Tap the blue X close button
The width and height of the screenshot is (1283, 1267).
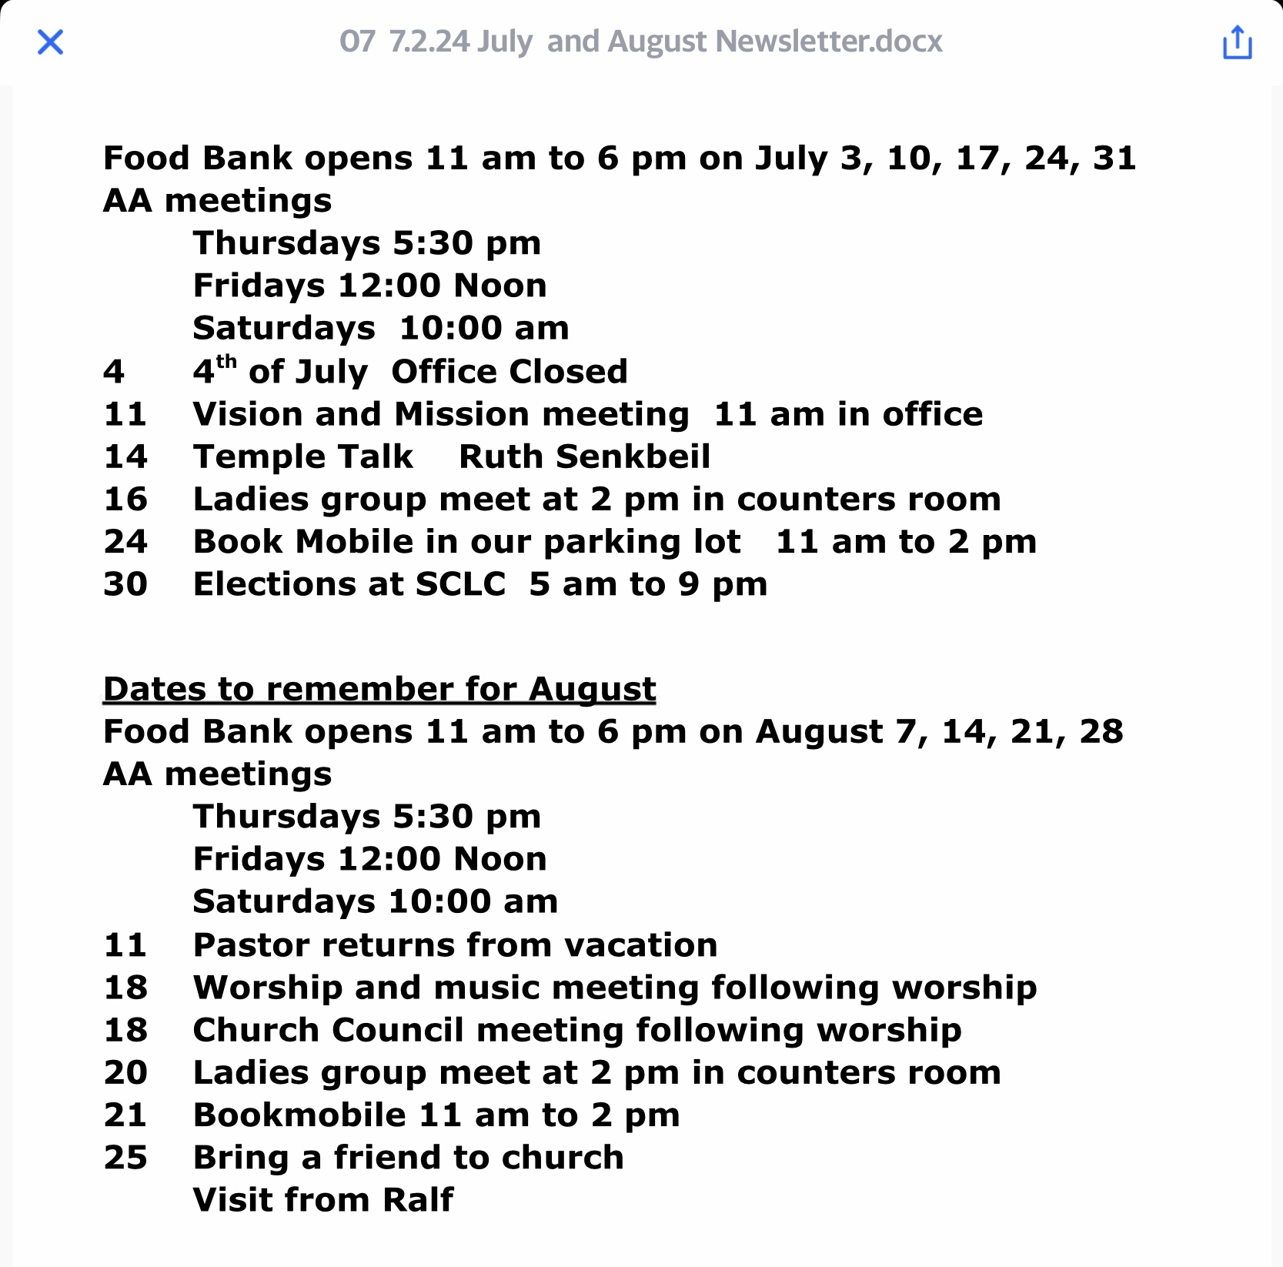pos(50,42)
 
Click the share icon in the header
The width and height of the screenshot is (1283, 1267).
pos(1237,42)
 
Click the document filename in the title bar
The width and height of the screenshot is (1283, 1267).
pos(640,42)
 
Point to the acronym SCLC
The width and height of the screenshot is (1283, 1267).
pos(460,584)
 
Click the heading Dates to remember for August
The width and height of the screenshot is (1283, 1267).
pos(379,689)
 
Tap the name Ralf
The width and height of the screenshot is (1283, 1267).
pos(418,1200)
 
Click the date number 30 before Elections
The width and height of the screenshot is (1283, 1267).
pos(125,584)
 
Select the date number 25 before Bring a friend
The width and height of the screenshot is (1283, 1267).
pos(125,1158)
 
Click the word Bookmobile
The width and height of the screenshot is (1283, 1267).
pos(299,1115)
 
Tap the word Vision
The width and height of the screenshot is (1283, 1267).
pos(247,414)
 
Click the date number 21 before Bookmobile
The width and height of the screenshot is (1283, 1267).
pos(125,1115)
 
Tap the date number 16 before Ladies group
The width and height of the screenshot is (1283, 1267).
pos(125,500)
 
